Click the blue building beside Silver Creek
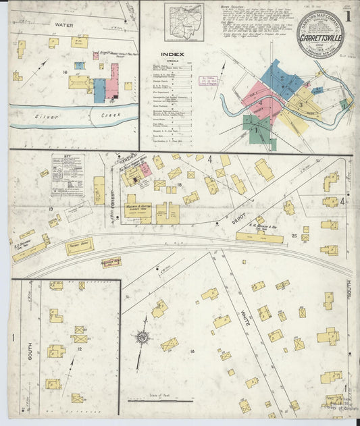point(99,90)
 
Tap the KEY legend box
point(66,166)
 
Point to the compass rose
point(143,336)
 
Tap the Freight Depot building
point(79,246)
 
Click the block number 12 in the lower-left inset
point(79,348)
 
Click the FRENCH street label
point(130,159)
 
